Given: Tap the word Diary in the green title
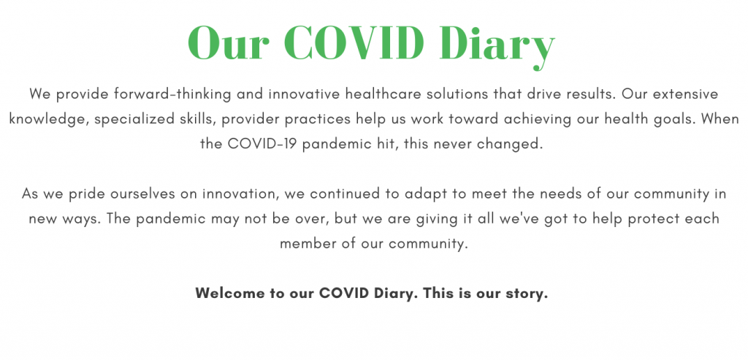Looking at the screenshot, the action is coord(497,46).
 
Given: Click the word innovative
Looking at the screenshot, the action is coord(305,94).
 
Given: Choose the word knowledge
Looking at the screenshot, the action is coord(49,119).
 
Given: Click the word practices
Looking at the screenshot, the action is coord(318,119).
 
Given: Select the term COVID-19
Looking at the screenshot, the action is coord(262,144).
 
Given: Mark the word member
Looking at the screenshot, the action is coord(309,244).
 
